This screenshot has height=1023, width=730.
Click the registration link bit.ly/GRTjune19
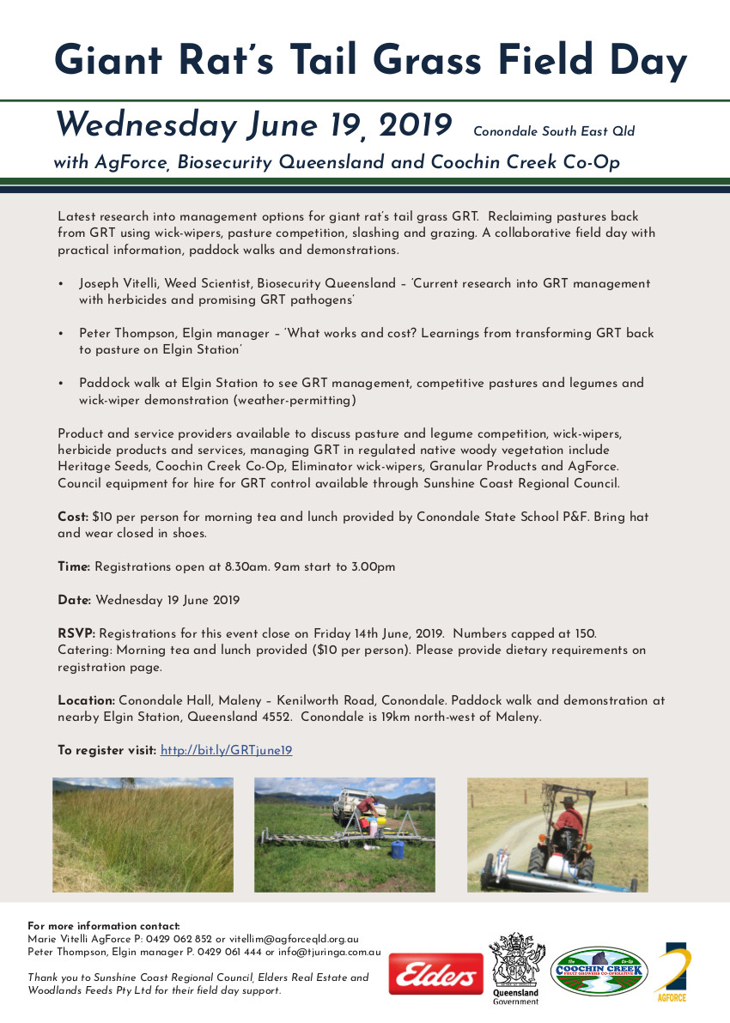click(227, 750)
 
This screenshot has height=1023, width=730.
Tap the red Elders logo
click(435, 974)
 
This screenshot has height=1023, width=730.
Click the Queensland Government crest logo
click(515, 965)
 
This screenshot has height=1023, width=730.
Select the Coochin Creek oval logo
click(599, 971)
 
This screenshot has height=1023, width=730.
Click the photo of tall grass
click(143, 834)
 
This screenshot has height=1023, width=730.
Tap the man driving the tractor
click(567, 825)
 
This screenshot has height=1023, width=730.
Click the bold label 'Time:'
click(74, 566)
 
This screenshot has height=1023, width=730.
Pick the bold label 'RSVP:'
click(76, 633)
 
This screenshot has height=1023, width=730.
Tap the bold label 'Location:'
click(86, 700)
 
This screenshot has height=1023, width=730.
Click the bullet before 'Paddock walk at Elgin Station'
click(61, 384)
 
